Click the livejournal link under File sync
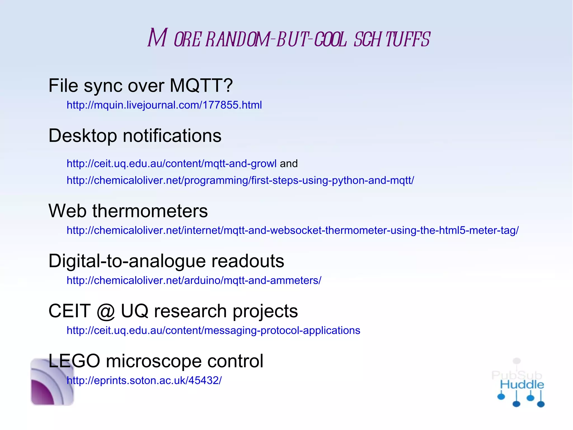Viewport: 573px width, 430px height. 164,105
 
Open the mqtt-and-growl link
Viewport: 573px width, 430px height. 171,164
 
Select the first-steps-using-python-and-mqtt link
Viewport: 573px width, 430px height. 240,180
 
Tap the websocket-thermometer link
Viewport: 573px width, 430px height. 292,231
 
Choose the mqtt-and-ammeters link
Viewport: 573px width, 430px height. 194,281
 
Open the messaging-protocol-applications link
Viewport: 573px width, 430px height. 213,331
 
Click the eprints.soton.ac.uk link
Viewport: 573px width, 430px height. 144,381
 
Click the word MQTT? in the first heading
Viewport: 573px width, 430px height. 201,85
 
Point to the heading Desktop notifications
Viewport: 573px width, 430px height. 135,136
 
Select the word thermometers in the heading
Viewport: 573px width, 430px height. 150,211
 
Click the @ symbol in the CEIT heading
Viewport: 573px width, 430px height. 106,312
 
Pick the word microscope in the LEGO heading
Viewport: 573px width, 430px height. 154,361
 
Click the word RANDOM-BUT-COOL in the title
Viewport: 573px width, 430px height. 276,39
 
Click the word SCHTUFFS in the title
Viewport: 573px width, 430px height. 392,39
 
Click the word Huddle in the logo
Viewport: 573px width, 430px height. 522,385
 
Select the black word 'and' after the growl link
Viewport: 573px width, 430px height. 289,164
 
